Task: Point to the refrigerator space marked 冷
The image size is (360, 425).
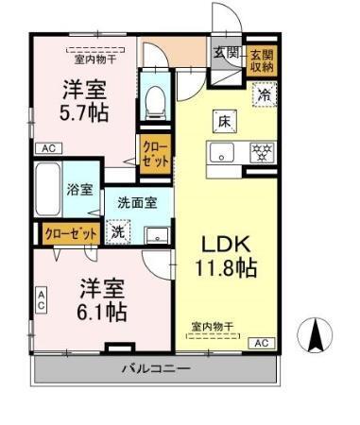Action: click(x=265, y=94)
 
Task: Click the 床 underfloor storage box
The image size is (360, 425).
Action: click(x=224, y=122)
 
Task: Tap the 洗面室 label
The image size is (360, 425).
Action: click(x=137, y=201)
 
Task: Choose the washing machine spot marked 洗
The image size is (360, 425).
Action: click(x=118, y=231)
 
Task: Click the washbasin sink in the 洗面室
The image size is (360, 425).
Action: click(x=158, y=234)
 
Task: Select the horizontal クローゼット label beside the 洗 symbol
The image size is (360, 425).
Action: click(x=72, y=232)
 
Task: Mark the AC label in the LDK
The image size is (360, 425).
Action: click(x=262, y=343)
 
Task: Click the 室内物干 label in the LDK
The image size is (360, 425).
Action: click(x=212, y=326)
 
